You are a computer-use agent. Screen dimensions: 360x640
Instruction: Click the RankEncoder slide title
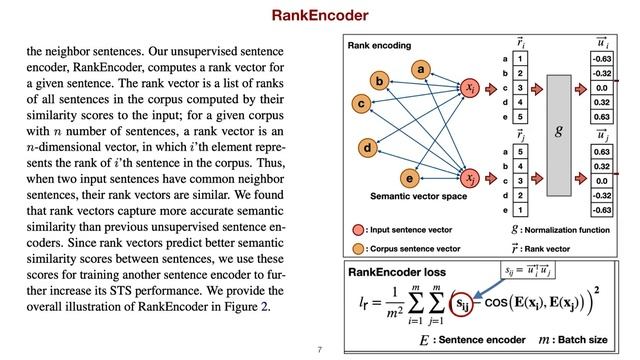pos(320,16)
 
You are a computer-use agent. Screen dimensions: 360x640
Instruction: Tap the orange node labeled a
pos(421,69)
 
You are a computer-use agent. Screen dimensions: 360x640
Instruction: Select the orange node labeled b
pos(379,80)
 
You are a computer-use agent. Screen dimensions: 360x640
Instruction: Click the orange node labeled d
pos(368,148)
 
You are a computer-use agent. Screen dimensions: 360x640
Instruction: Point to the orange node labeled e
pos(407,178)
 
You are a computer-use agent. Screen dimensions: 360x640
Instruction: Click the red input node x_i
pos(470,89)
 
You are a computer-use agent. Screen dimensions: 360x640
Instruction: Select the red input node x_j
pos(470,178)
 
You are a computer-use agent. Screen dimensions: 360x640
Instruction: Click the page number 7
pos(319,350)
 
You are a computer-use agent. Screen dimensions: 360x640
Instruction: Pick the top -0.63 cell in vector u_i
pos(602,59)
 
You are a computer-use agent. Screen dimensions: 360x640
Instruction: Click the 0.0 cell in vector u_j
pos(602,181)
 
